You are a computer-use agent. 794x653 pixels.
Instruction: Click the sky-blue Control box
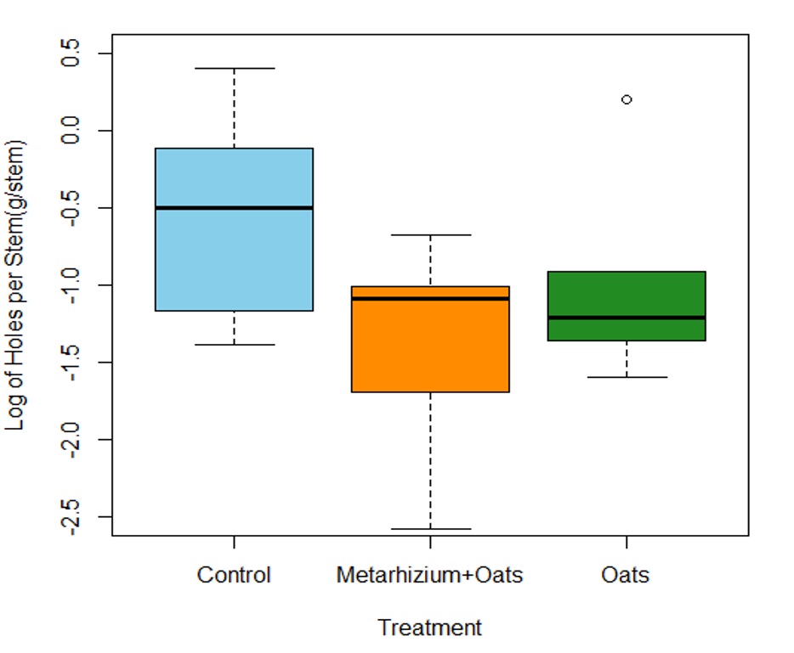pyautogui.click(x=234, y=255)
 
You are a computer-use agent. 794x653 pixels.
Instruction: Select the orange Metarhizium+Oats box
pyautogui.click(x=430, y=348)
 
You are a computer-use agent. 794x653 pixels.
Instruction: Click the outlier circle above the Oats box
pyautogui.click(x=627, y=99)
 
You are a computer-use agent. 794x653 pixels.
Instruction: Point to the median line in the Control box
pyautogui.click(x=234, y=207)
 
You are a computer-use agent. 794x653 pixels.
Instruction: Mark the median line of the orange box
pyautogui.click(x=430, y=298)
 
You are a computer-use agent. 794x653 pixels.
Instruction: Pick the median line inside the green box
pyautogui.click(x=627, y=318)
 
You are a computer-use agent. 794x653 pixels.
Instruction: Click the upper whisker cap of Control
pyautogui.click(x=234, y=68)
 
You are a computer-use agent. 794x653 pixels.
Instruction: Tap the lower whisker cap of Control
pyautogui.click(x=234, y=345)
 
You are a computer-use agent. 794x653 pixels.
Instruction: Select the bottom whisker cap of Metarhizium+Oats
pyautogui.click(x=430, y=529)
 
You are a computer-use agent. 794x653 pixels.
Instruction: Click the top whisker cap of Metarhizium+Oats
pyautogui.click(x=430, y=234)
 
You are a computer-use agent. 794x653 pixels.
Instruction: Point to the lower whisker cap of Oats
pyautogui.click(x=627, y=376)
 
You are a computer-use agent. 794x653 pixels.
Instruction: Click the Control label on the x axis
pyautogui.click(x=234, y=575)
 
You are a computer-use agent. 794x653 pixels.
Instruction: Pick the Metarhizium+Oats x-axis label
pyautogui.click(x=430, y=575)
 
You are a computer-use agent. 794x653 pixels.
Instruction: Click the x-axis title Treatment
pyautogui.click(x=430, y=628)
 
